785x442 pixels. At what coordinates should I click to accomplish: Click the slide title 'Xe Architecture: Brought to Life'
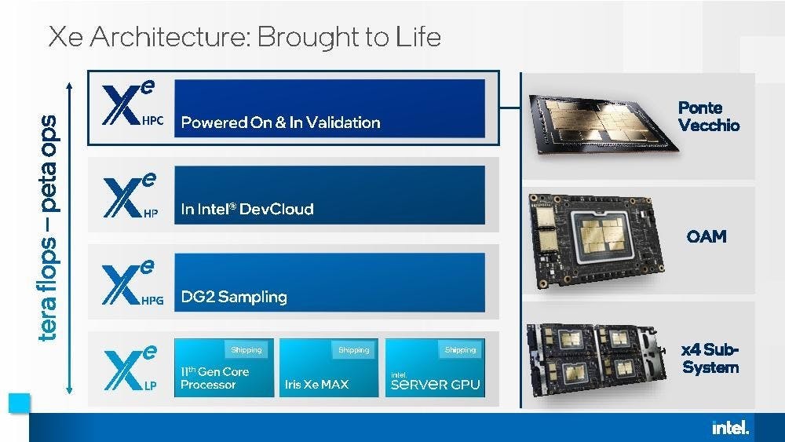(x=244, y=37)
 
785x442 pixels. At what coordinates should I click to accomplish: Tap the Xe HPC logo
(x=132, y=107)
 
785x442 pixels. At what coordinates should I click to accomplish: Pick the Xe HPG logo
(x=132, y=283)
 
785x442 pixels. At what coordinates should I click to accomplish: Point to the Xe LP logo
(x=130, y=369)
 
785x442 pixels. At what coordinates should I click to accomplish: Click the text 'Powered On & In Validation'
(x=280, y=122)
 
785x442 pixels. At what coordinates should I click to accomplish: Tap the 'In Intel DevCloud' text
(x=246, y=209)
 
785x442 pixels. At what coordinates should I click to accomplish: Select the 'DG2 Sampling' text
(x=233, y=297)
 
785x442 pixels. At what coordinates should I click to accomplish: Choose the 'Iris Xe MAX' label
(x=316, y=385)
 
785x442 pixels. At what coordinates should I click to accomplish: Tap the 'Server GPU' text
(x=435, y=384)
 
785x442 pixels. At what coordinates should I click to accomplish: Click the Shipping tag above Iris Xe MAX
(x=353, y=349)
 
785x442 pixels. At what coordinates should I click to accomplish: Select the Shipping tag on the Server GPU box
(x=460, y=349)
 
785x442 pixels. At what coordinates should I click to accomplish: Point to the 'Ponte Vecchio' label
(x=709, y=116)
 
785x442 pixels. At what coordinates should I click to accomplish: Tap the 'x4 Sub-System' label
(x=710, y=358)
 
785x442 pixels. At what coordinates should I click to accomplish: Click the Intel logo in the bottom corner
(x=730, y=427)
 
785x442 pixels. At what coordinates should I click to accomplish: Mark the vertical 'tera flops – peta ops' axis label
(x=48, y=228)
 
